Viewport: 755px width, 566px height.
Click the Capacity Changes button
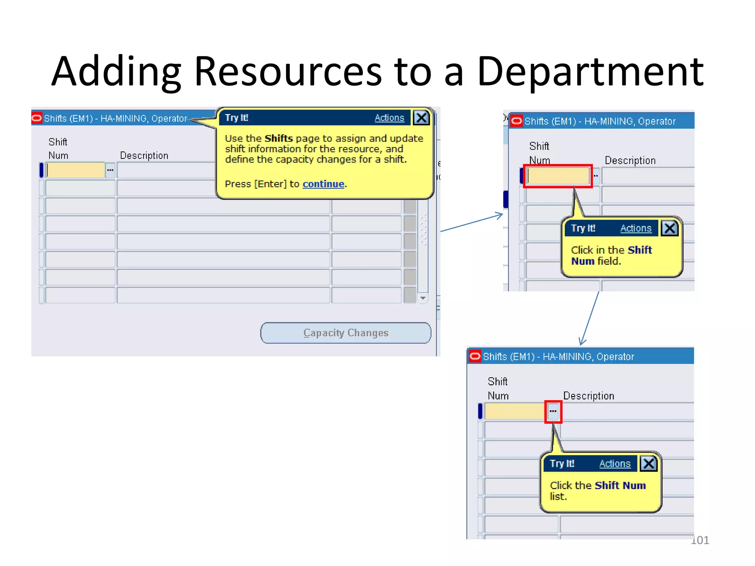click(x=345, y=333)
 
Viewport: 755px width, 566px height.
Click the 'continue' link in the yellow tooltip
click(x=323, y=184)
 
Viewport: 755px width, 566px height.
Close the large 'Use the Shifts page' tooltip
click(x=421, y=118)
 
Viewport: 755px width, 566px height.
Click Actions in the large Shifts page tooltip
click(x=389, y=118)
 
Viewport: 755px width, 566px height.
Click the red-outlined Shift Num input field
click(x=557, y=176)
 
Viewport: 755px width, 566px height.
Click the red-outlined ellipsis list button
click(x=553, y=411)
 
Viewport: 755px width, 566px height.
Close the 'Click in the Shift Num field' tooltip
click(x=669, y=228)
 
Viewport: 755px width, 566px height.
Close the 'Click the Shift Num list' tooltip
click(x=648, y=464)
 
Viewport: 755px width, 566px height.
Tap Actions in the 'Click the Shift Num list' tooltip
click(x=615, y=464)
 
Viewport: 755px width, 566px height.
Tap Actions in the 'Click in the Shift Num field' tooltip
click(x=636, y=228)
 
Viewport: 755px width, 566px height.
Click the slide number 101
click(x=700, y=540)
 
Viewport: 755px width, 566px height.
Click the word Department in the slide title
click(x=590, y=71)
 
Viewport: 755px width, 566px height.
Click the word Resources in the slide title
click(x=288, y=71)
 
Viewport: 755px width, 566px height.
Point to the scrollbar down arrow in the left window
click(x=423, y=298)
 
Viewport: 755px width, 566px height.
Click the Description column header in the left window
click(x=144, y=156)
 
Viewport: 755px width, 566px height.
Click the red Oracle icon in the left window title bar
click(x=37, y=118)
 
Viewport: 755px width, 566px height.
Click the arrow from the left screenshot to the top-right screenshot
click(x=472, y=223)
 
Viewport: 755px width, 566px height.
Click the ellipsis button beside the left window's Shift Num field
click(x=110, y=170)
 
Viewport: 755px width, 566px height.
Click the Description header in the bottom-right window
click(x=589, y=396)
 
